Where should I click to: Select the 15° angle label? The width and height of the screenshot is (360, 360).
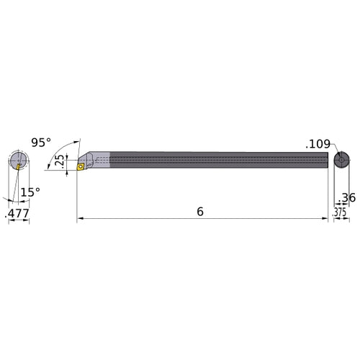point(29,192)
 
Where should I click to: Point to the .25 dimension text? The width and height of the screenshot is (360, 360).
point(60,161)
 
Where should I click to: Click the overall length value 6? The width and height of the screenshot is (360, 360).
point(199,212)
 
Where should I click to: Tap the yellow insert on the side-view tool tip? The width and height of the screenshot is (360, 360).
point(84,166)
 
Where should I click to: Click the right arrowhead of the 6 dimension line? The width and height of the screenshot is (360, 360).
point(325,218)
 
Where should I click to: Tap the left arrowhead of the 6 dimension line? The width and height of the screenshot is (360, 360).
point(81,218)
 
